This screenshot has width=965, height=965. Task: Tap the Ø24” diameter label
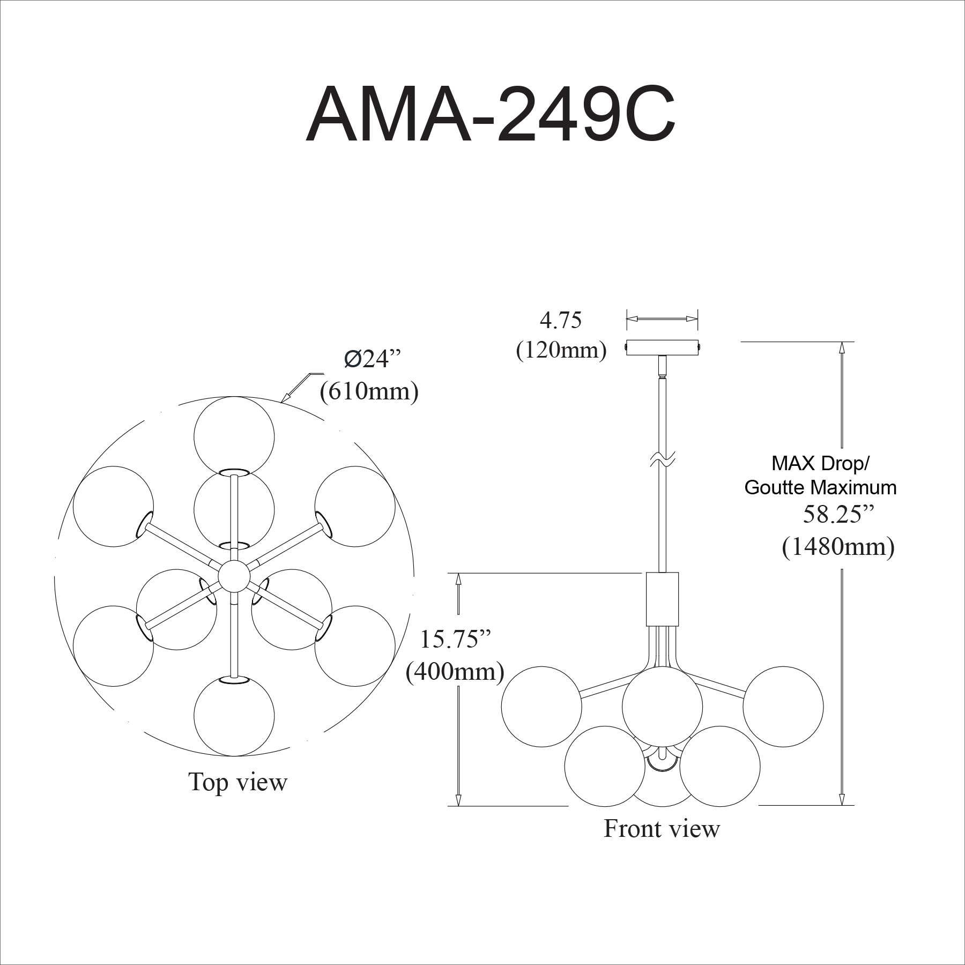(x=373, y=359)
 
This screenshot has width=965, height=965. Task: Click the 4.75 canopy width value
(x=560, y=320)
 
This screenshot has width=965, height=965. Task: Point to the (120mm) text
(x=561, y=350)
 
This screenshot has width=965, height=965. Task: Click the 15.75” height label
(x=455, y=640)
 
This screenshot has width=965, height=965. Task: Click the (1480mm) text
(x=838, y=547)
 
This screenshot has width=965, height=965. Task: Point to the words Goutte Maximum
(x=821, y=487)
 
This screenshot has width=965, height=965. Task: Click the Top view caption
(x=237, y=782)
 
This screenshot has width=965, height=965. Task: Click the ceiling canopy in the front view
(x=663, y=347)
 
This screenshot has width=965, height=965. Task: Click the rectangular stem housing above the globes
(x=663, y=599)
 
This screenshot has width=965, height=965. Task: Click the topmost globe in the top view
(x=234, y=436)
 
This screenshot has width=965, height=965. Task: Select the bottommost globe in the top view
(x=234, y=716)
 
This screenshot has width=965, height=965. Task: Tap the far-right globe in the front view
(x=783, y=707)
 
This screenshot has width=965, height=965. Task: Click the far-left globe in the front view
(x=541, y=707)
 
